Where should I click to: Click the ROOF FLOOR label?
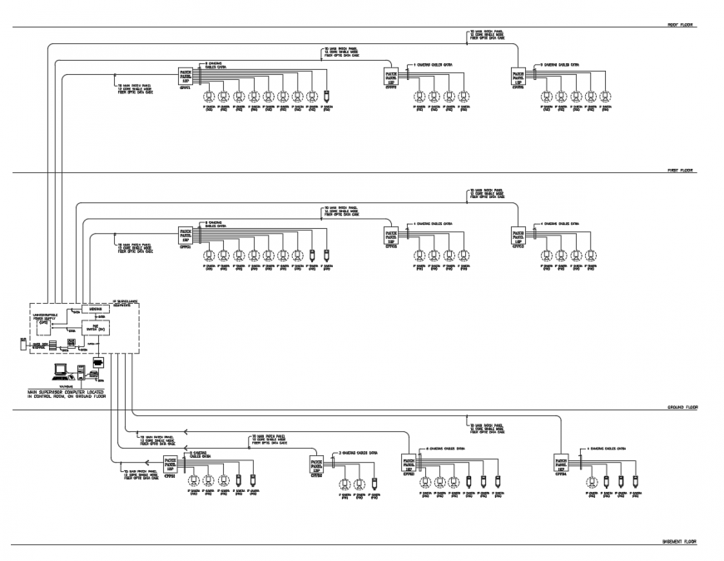tap(680, 25)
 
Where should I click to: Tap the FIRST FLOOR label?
tap(680, 170)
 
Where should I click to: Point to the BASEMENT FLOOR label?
tap(679, 541)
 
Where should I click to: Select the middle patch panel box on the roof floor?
tap(390, 77)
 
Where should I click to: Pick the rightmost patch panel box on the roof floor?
tap(518, 77)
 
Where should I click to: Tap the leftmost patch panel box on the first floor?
tap(186, 236)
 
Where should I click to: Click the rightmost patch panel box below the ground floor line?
tap(563, 463)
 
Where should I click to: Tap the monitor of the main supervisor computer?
tap(60, 370)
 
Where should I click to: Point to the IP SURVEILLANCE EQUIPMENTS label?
tap(126, 301)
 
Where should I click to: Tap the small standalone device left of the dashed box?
tap(23, 343)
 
